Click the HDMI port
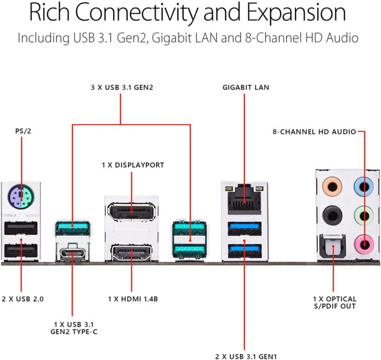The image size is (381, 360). pyautogui.click(x=131, y=252)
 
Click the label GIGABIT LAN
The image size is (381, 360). pyautogui.click(x=245, y=87)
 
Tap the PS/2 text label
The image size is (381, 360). pyautogui.click(x=21, y=131)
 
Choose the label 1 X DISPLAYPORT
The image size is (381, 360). pyautogui.click(x=132, y=164)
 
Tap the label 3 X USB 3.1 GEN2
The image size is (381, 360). pyautogui.click(x=121, y=87)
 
